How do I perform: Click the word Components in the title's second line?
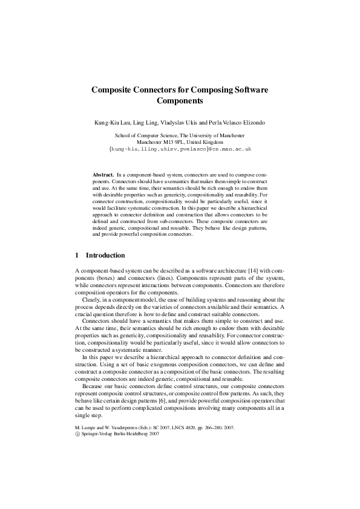tap(180, 101)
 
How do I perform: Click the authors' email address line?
tap(180, 149)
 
